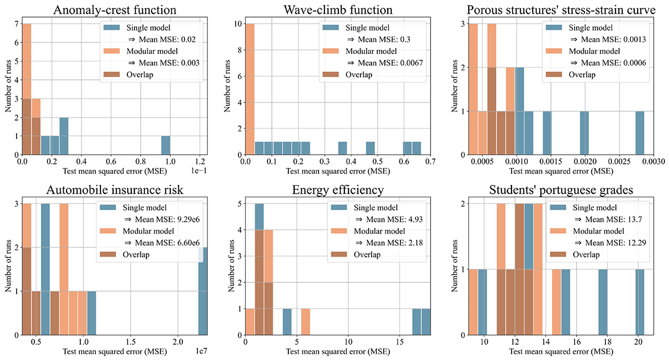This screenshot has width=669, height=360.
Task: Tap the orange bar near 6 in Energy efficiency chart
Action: pos(305,324)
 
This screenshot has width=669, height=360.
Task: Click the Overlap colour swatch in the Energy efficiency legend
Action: pos(341,255)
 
